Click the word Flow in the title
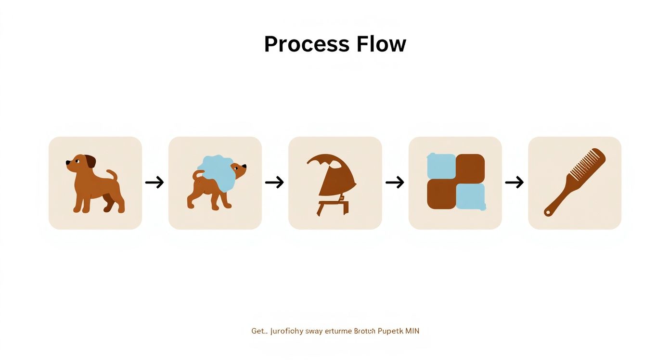381,44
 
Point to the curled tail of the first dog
112,174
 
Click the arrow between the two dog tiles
155,182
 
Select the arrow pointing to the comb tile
514,182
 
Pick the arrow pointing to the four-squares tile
395,182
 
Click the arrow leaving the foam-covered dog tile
274,182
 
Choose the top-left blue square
441,166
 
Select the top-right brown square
470,166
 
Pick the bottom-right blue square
470,196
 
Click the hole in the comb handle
548,212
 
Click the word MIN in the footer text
412,331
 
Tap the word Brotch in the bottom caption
365,331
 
